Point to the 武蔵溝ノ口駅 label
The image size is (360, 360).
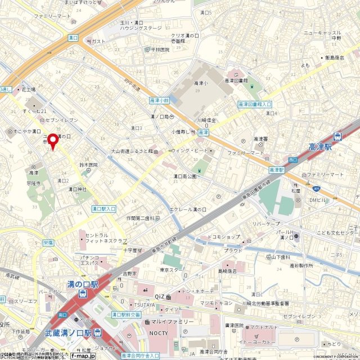click(x=65, y=332)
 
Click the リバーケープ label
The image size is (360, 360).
click(x=266, y=223)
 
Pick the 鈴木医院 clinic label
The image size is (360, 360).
click(x=88, y=165)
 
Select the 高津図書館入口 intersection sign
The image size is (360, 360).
click(x=255, y=105)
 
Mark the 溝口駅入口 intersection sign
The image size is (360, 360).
click(x=103, y=209)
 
